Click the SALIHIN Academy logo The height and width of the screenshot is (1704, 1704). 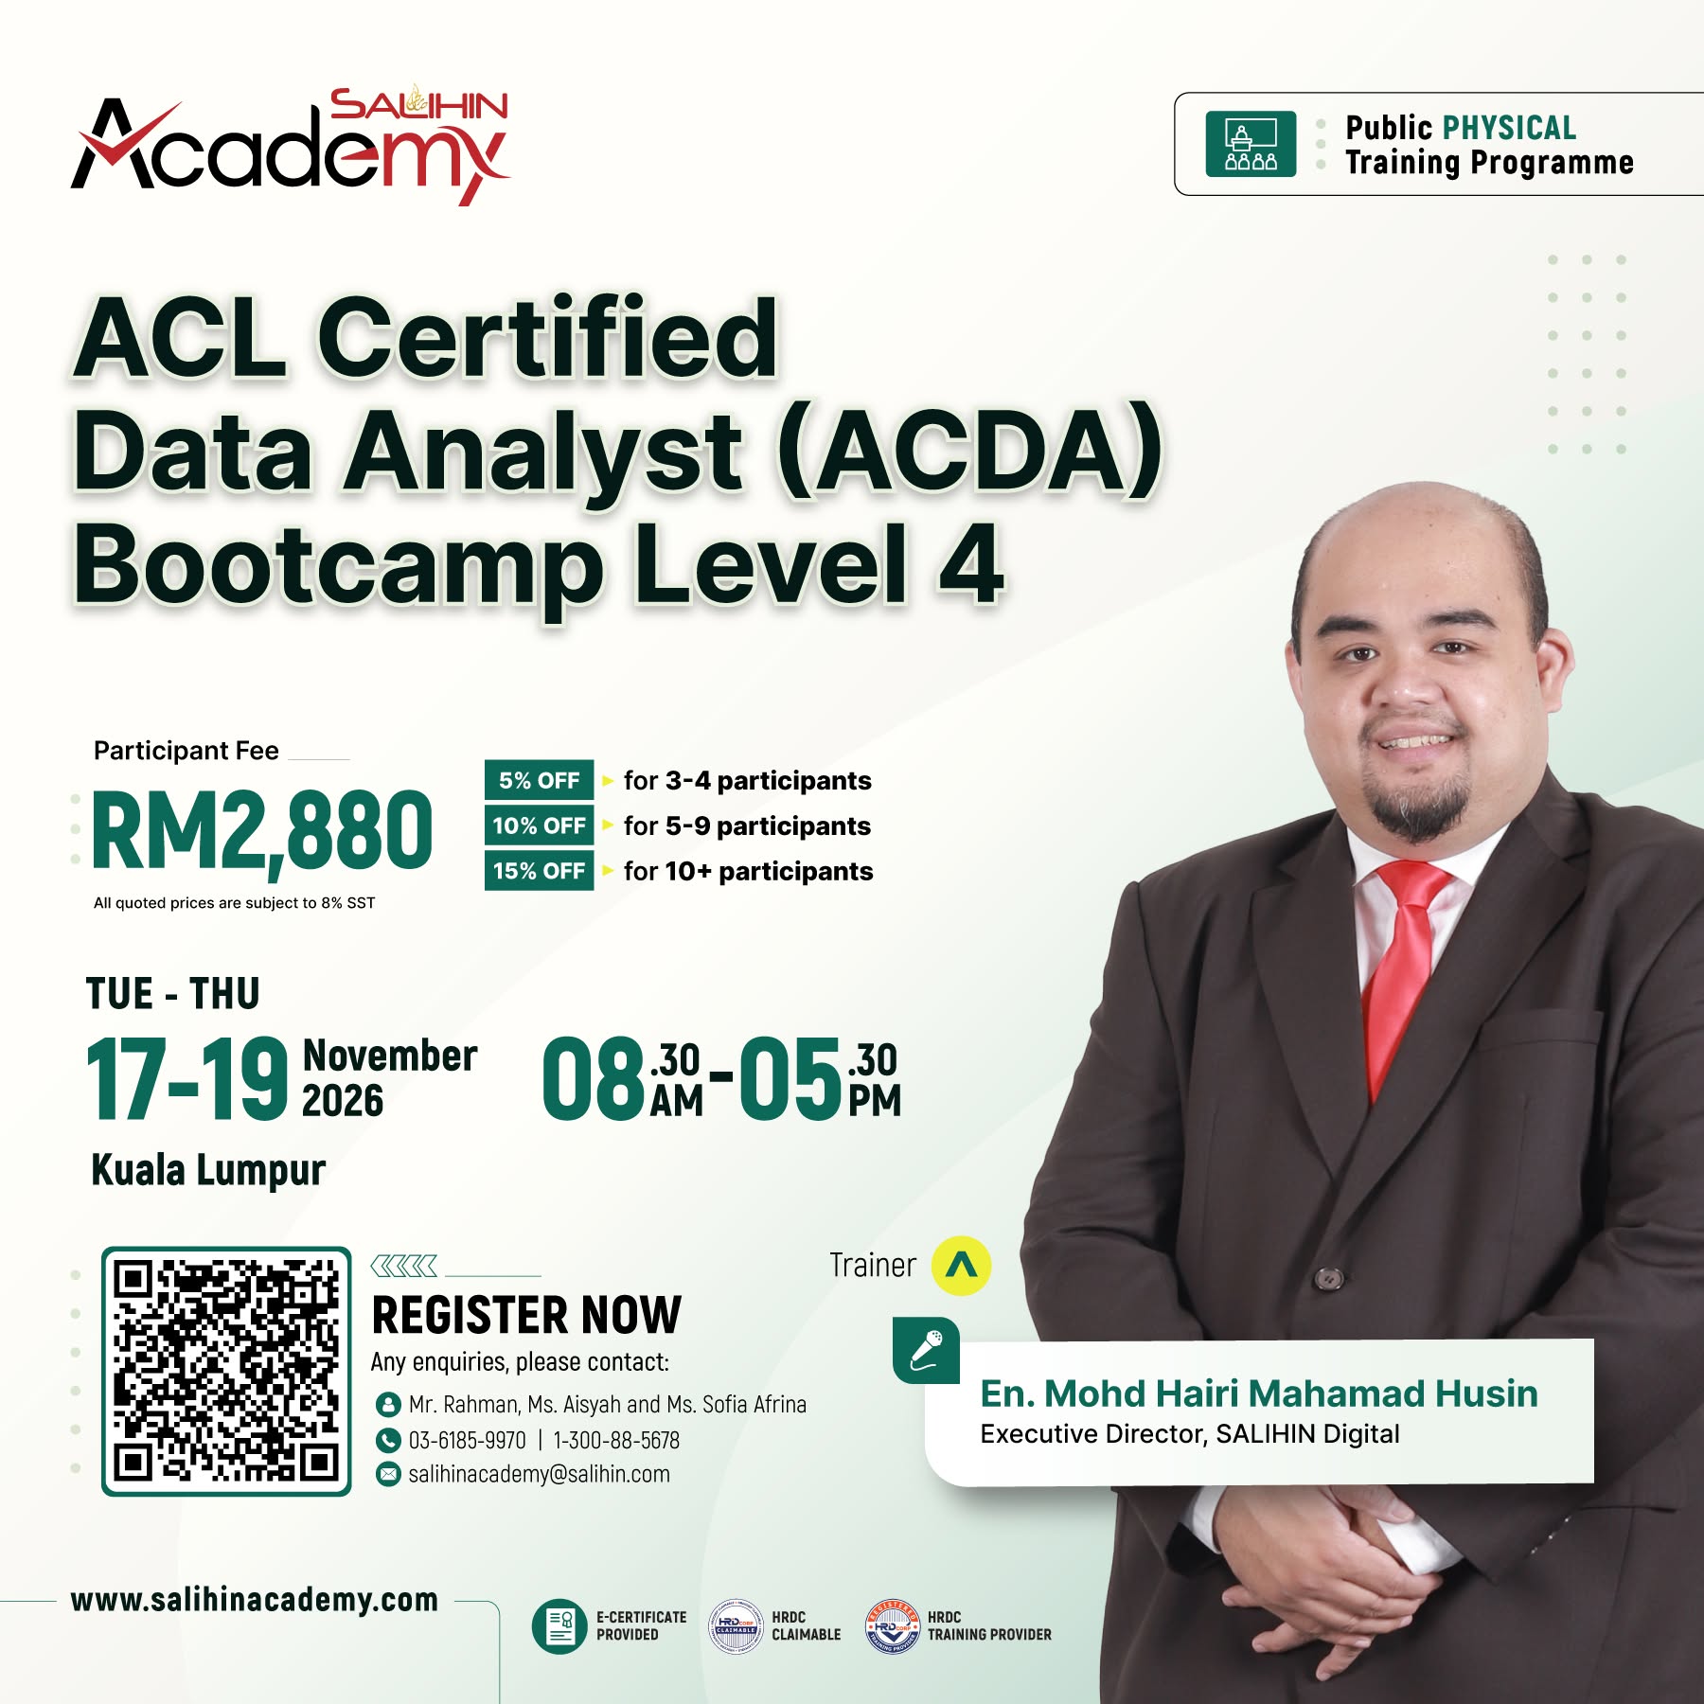coord(291,147)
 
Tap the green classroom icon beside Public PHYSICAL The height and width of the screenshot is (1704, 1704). coord(1251,144)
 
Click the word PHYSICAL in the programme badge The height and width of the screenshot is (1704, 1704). coord(1509,128)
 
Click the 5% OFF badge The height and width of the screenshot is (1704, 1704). coord(539,780)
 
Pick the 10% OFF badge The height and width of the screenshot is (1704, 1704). coord(539,825)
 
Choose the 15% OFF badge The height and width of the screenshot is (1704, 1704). coord(539,871)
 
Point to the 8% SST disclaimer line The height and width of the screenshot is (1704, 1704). coord(234,903)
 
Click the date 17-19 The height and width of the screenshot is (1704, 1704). coord(186,1078)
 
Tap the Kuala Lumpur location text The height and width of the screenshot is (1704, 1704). coord(208,1171)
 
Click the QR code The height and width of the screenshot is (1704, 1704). coord(226,1371)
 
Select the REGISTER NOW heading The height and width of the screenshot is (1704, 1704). coord(526,1315)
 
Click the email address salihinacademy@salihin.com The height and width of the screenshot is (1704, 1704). coord(539,1474)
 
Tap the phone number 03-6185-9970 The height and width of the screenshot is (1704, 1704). coord(467,1440)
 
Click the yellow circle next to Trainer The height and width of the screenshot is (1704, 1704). coord(961,1265)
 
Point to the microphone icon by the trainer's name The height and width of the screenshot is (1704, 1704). coord(926,1350)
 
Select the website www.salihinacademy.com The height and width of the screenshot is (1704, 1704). coord(255,1600)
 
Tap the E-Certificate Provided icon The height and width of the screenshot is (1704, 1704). coord(559,1626)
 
